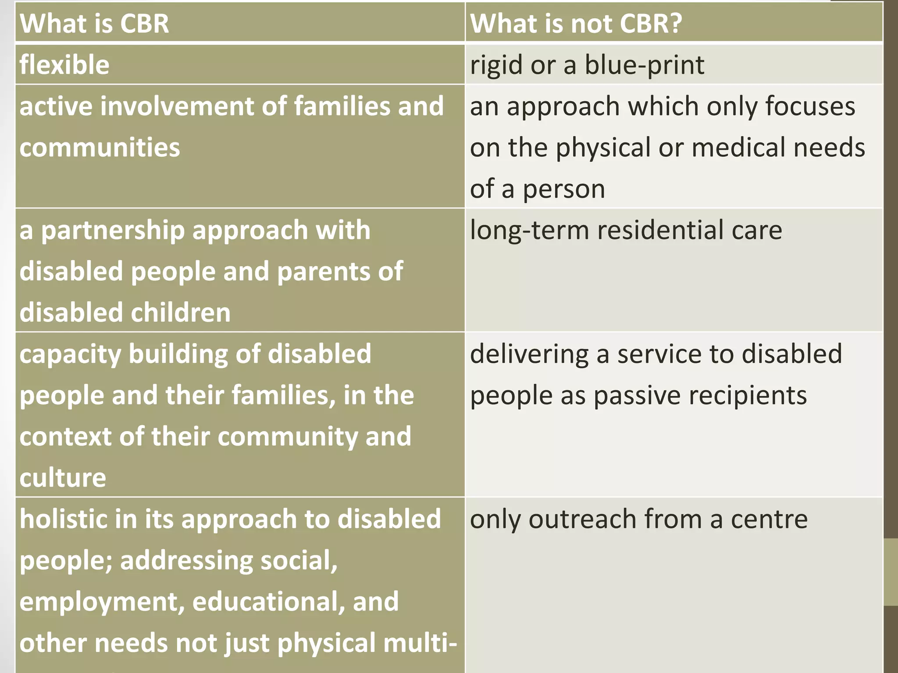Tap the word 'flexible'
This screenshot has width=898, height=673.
click(64, 65)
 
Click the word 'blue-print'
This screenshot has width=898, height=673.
click(644, 65)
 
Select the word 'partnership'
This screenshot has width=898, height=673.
click(113, 230)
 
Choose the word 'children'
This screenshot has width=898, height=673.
click(180, 313)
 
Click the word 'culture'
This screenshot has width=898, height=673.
click(63, 478)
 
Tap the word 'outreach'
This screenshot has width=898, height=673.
click(583, 519)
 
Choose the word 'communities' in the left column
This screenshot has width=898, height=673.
click(100, 148)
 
